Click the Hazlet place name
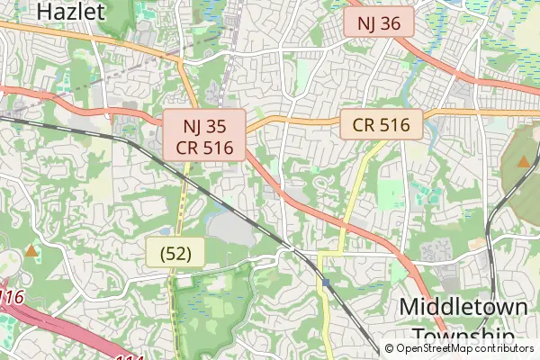(x=73, y=12)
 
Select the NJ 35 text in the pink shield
(x=205, y=126)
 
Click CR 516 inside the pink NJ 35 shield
(x=205, y=147)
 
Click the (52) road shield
(x=175, y=253)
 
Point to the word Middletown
(x=463, y=306)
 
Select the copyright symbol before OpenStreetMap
(x=390, y=348)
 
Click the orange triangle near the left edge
(x=32, y=251)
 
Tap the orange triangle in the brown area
(x=523, y=162)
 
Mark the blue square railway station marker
(x=326, y=283)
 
